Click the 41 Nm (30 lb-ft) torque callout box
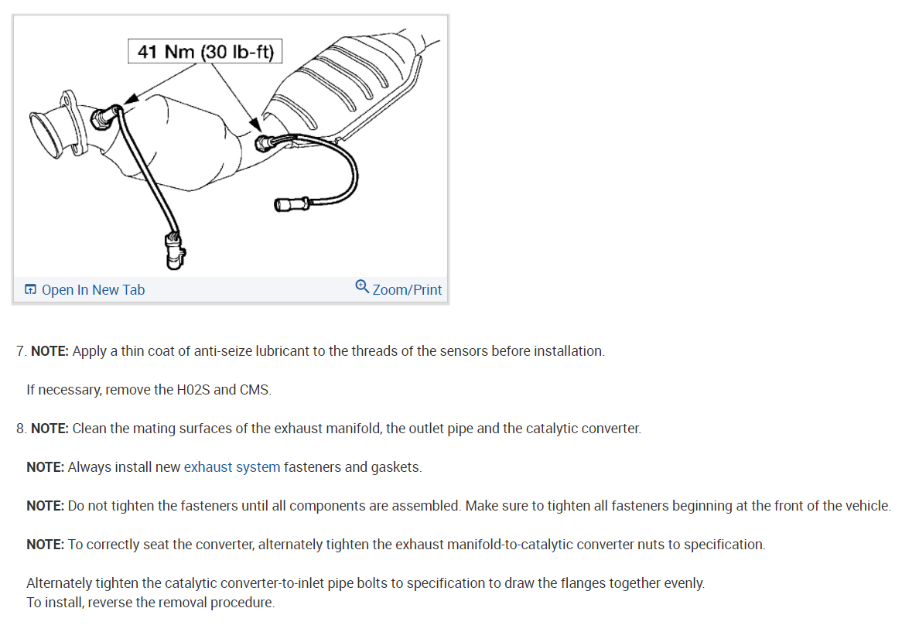tap(204, 52)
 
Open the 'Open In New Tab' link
tap(92, 290)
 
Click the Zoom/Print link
tap(407, 290)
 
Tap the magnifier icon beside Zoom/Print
tap(362, 287)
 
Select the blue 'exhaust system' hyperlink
tap(232, 467)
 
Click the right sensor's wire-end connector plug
tap(288, 204)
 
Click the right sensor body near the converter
tap(265, 142)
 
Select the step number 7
tap(20, 351)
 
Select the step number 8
tap(20, 429)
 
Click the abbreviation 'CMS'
tap(255, 390)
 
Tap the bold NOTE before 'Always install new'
tap(45, 467)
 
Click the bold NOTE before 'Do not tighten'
tap(45, 506)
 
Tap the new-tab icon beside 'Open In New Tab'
tap(30, 290)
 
